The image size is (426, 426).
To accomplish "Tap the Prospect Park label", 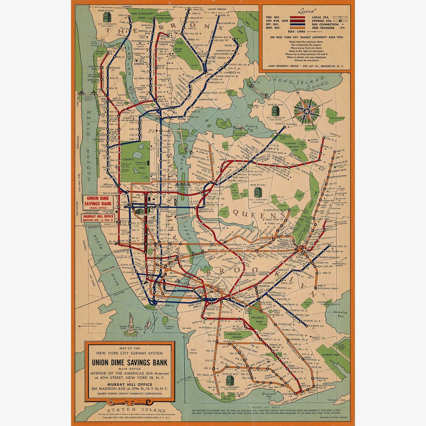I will coord(258,321).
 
